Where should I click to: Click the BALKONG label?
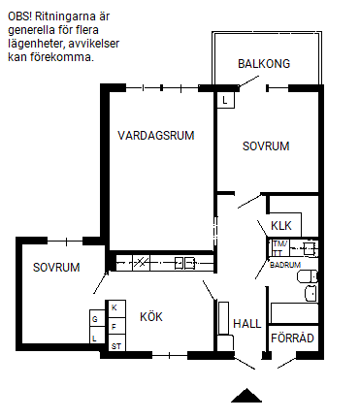pos(264,63)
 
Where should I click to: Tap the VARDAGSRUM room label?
pos(156,135)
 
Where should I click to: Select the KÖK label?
pos(151,316)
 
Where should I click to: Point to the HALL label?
pos(247,323)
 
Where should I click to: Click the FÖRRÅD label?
pos(292,338)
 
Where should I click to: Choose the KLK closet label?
pos(281,225)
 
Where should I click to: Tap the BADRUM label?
pos(285,265)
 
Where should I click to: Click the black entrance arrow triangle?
pos(246,396)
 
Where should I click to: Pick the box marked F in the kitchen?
pos(115,326)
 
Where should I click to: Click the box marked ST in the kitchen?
pos(115,343)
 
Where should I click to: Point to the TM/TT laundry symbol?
pos(279,248)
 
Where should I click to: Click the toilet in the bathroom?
pos(307,276)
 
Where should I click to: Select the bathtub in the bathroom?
pos(294,312)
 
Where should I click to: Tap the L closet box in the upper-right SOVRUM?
pos(225,100)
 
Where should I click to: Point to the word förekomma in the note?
pos(62,57)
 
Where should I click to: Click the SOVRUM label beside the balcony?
pos(266,146)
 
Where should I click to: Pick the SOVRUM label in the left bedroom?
pos(56,268)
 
